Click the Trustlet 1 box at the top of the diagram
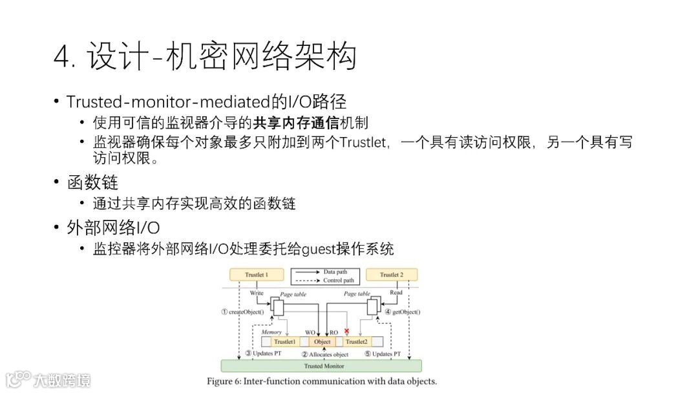tap(255, 275)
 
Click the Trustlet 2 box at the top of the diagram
tap(392, 275)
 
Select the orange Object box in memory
tap(322, 341)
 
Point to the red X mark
tap(347, 331)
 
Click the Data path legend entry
tap(335, 272)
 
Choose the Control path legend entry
tap(337, 281)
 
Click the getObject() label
tap(403, 312)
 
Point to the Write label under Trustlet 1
tap(257, 293)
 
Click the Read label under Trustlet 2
tap(396, 293)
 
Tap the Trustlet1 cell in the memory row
tap(285, 341)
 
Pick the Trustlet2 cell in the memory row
tap(356, 341)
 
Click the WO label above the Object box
tap(310, 332)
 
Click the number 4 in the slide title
tap(62, 58)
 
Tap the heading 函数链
tap(92, 183)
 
